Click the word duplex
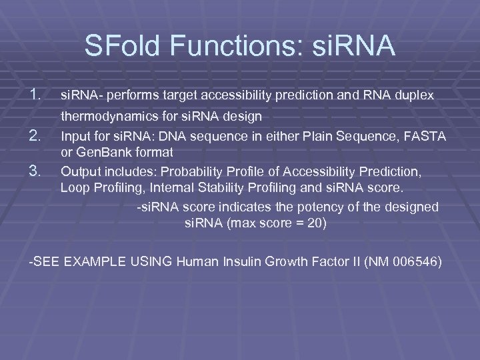[x=414, y=95]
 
